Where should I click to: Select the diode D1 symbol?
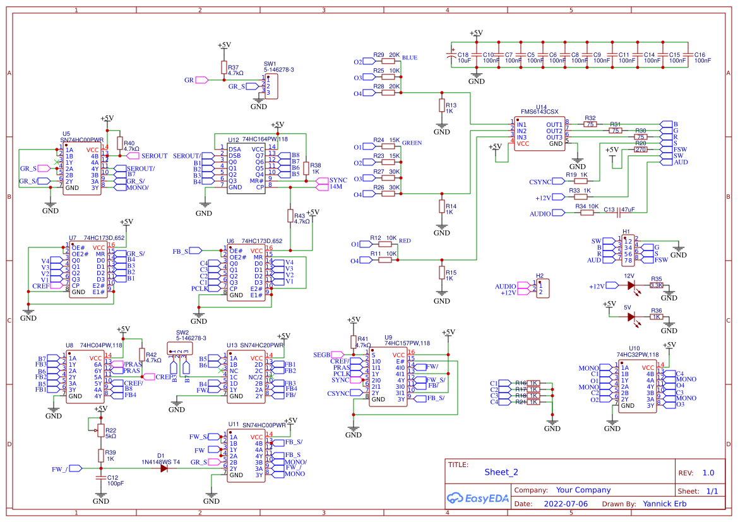pos(164,468)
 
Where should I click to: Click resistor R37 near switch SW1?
pos(223,68)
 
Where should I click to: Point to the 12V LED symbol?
pos(631,285)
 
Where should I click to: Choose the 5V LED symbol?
pos(631,317)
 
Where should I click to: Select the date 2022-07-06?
pos(565,504)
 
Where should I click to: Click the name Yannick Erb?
pos(664,504)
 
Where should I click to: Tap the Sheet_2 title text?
pos(501,472)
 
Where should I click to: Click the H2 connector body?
pos(542,289)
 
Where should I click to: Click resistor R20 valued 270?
pos(640,150)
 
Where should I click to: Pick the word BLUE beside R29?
pos(409,58)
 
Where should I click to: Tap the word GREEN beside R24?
pos(412,143)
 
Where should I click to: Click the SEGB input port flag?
pos(340,355)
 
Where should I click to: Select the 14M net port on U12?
pos(321,187)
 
